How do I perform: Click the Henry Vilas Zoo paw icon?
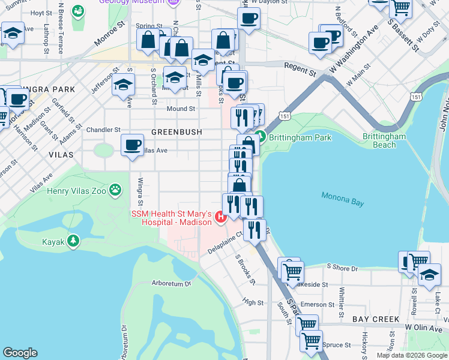click(x=115, y=191)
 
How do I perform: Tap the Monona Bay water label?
click(x=342, y=199)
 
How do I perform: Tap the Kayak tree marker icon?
click(x=73, y=241)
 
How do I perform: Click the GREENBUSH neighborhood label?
click(x=176, y=131)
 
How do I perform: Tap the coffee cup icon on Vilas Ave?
click(x=132, y=145)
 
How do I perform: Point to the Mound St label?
click(x=181, y=109)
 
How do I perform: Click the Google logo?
click(x=20, y=353)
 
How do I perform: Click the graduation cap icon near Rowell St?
click(x=429, y=275)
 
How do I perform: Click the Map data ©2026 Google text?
click(x=412, y=355)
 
